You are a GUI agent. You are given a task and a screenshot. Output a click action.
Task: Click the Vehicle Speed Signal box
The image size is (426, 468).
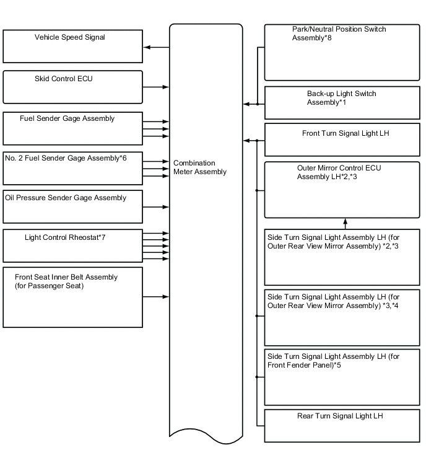pos(73,46)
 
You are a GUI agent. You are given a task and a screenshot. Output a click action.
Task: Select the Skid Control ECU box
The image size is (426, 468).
pos(73,87)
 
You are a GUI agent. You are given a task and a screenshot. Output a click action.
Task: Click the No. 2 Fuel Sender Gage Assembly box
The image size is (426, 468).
pos(73,168)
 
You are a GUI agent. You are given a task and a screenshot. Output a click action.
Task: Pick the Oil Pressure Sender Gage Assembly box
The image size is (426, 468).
pos(73,207)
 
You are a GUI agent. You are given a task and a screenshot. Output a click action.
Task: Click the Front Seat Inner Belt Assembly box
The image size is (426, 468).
pos(73,297)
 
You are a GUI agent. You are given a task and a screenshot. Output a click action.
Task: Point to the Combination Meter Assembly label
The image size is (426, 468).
pos(200,167)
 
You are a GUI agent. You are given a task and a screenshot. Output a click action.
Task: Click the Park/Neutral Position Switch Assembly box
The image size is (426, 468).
pos(342,53)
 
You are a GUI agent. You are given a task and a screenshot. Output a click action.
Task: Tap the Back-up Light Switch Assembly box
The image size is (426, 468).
pos(342,103)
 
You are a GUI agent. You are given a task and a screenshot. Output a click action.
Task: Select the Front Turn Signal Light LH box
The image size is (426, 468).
pos(342,140)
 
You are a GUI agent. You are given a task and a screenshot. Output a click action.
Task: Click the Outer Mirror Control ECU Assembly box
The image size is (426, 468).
pos(342,190)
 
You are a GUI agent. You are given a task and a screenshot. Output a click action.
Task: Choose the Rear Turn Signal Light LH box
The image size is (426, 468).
pos(342,425)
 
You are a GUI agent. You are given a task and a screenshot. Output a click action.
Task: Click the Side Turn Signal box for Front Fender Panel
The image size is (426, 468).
pos(342,377)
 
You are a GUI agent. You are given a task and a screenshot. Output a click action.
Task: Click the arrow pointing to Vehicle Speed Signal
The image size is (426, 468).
pos(155,47)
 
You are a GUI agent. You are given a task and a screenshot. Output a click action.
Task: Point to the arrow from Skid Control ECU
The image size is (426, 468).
pos(156,87)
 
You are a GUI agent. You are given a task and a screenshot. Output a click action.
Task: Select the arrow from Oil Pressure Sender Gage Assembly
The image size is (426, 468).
pos(156,207)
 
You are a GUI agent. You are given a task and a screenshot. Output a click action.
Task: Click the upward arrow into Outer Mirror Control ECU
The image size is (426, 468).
pos(345,224)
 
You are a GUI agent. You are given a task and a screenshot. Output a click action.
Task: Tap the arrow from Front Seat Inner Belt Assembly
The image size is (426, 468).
pos(156,297)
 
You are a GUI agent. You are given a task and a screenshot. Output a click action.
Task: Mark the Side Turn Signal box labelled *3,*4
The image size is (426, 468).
pos(342,317)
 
